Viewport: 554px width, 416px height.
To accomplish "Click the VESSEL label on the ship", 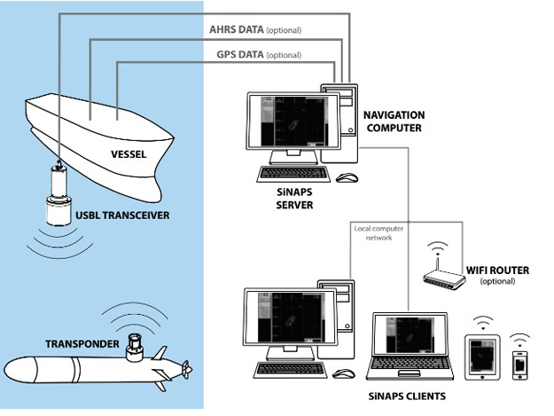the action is [129, 154].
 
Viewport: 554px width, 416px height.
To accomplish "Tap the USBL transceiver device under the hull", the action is [59, 193].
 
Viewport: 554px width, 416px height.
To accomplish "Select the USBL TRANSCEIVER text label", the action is [122, 216].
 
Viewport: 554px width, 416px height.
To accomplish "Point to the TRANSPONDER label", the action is [82, 344].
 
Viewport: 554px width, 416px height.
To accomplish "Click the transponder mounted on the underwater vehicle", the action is [135, 348].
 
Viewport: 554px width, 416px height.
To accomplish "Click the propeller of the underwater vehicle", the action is [186, 370].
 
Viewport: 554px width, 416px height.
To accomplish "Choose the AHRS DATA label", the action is [237, 29].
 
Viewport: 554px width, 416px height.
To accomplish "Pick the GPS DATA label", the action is [240, 55].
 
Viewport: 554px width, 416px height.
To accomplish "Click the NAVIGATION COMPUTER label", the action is [394, 122].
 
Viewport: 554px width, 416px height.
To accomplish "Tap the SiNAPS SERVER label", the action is [294, 199].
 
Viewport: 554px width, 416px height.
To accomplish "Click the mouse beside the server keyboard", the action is [347, 177].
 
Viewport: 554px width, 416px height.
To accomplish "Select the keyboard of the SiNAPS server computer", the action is [293, 174].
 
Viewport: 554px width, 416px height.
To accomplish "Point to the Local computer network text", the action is [378, 233].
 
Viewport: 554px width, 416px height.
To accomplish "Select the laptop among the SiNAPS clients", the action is [410, 346].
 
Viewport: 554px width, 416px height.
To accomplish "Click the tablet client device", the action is [482, 357].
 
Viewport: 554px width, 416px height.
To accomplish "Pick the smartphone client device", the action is [519, 365].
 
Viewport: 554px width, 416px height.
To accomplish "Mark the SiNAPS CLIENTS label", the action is [407, 396].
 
